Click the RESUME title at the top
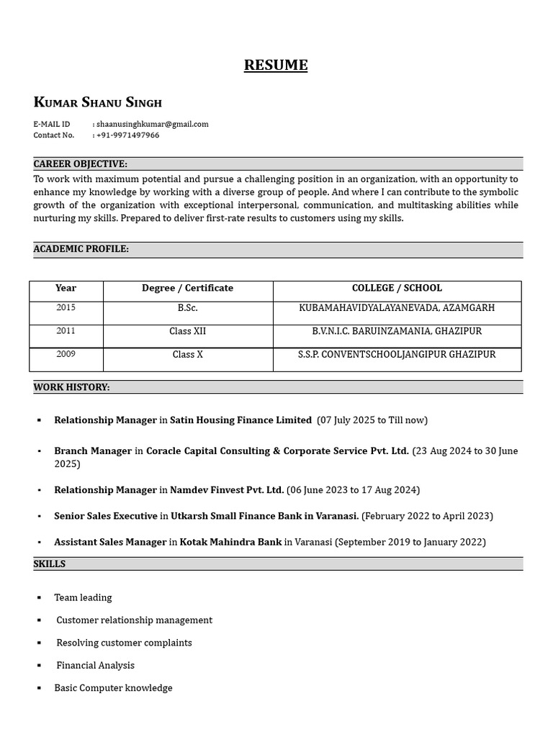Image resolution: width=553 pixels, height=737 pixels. point(276,65)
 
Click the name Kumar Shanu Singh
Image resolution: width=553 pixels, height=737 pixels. point(98,102)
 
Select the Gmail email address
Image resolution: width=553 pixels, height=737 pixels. point(152,124)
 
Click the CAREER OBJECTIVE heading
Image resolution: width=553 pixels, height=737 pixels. point(80,164)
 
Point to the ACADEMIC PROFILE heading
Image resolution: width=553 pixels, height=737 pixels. point(81,249)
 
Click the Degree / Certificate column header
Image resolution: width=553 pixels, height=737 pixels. point(187,288)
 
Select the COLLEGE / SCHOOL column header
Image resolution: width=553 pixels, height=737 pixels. point(397,288)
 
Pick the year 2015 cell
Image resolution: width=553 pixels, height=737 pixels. point(66,308)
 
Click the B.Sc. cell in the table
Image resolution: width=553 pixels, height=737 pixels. point(187,308)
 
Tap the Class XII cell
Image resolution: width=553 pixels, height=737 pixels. point(187,331)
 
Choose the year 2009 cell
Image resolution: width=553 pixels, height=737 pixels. point(66,354)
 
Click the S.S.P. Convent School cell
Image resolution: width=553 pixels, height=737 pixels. point(397,355)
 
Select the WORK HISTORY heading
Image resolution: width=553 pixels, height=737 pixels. point(71,387)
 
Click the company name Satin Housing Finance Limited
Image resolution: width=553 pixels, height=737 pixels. point(240,420)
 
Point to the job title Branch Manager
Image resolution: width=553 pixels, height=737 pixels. point(93,451)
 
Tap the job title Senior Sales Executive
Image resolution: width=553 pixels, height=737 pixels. point(105,516)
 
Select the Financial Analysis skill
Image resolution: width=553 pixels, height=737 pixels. point(95,666)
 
